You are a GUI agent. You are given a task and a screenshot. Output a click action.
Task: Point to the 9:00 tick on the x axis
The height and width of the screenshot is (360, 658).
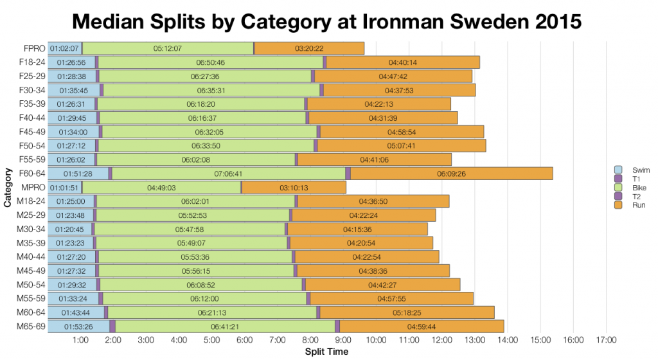pos(343,339)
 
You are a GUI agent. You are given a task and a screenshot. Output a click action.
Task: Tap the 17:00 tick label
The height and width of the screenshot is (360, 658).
pos(606,339)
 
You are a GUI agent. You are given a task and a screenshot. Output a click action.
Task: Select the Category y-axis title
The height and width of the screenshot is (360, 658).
pos(8,187)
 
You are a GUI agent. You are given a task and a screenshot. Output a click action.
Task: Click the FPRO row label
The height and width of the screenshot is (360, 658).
pos(33,48)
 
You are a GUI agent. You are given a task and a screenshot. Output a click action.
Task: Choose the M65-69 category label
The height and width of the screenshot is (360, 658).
pos(30,327)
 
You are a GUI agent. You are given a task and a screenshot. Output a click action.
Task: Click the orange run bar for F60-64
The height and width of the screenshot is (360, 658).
pos(451,174)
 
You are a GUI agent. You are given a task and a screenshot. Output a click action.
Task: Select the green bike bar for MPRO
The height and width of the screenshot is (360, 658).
pos(161,188)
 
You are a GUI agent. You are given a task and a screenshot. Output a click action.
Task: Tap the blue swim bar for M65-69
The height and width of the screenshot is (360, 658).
pos(78,327)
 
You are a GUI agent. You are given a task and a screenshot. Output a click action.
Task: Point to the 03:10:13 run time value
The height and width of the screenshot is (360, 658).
pos(293,188)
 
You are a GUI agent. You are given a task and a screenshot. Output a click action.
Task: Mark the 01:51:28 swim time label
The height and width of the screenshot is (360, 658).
pos(77,174)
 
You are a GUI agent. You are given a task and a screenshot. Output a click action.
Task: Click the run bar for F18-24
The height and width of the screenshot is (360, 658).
pos(403,62)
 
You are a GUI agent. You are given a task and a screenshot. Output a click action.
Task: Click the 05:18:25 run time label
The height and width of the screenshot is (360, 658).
pos(406,312)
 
